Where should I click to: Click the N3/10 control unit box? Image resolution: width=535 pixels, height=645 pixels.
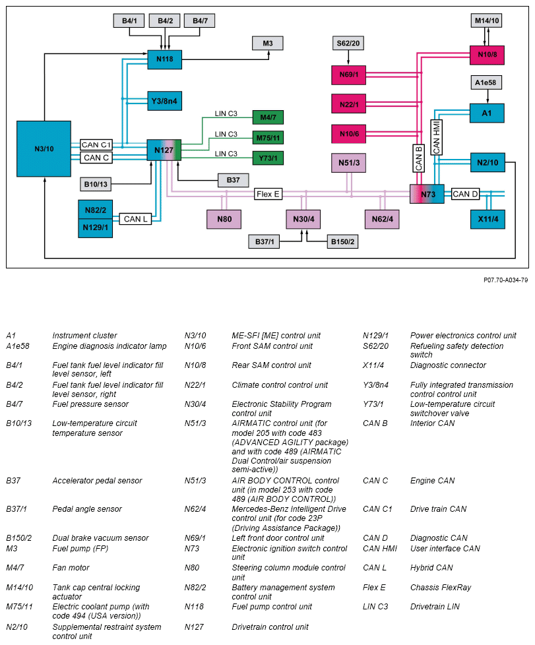point(44,148)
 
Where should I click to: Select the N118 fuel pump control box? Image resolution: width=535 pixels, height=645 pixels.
point(164,59)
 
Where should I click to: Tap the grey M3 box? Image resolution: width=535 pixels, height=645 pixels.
point(268,44)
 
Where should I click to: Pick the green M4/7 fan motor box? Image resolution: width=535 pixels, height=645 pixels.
point(268,117)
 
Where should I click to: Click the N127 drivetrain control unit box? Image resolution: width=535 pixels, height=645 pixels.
point(164,150)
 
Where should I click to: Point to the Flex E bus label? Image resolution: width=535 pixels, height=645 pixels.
point(268,194)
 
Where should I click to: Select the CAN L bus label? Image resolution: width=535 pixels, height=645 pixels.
point(136,218)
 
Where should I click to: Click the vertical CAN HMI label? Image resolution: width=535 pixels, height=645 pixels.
point(437,137)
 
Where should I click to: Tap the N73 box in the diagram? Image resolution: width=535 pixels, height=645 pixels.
point(427,194)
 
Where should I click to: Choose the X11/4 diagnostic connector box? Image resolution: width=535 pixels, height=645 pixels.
point(488,218)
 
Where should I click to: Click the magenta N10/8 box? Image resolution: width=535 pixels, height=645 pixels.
point(487,55)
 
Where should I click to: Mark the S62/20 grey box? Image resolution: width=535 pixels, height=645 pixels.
point(349,44)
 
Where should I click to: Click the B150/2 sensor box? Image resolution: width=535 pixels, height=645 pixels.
point(343,242)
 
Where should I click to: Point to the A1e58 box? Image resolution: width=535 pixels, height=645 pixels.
point(488,83)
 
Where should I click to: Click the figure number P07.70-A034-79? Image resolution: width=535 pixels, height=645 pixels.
point(505,280)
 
